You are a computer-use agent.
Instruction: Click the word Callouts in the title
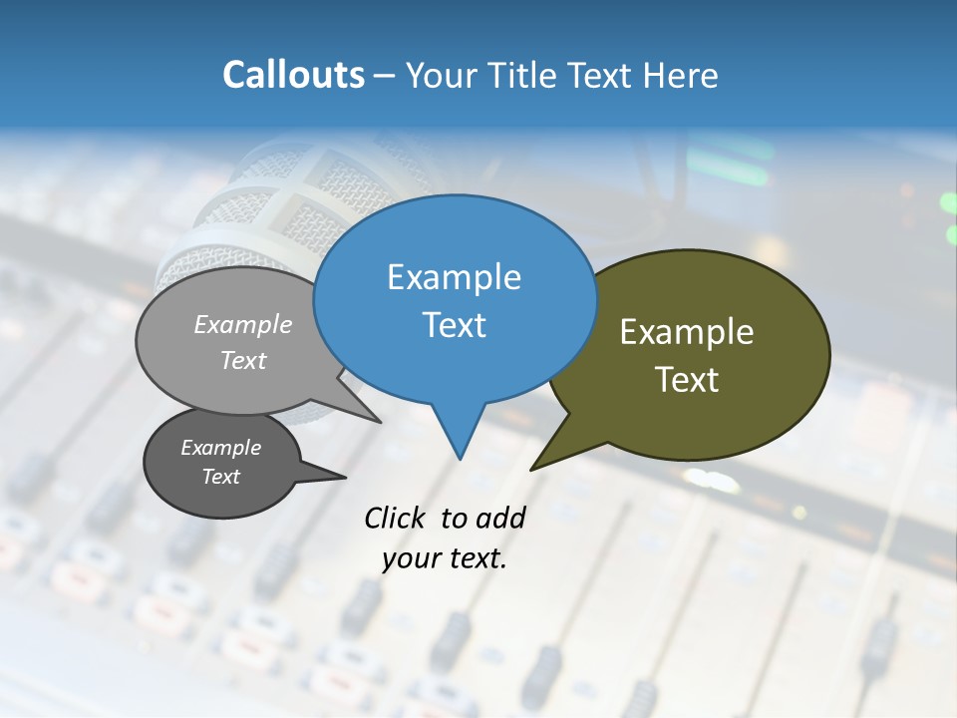pyautogui.click(x=293, y=75)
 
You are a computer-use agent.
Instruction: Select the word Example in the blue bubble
pyautogui.click(x=454, y=277)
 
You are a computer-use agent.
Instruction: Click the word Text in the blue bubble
pyautogui.click(x=454, y=324)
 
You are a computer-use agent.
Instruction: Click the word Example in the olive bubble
pyautogui.click(x=687, y=332)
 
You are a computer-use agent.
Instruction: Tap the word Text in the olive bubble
pyautogui.click(x=687, y=379)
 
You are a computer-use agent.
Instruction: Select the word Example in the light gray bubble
pyautogui.click(x=242, y=324)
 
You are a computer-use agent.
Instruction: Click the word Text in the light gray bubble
pyautogui.click(x=242, y=360)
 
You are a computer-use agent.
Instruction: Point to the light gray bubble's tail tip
pyautogui.click(x=379, y=421)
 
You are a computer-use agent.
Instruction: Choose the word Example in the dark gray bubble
pyautogui.click(x=220, y=448)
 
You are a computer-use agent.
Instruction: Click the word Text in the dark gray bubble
pyautogui.click(x=220, y=477)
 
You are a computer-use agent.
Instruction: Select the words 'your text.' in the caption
pyautogui.click(x=444, y=558)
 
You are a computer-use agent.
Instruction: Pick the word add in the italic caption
pyautogui.click(x=501, y=518)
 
